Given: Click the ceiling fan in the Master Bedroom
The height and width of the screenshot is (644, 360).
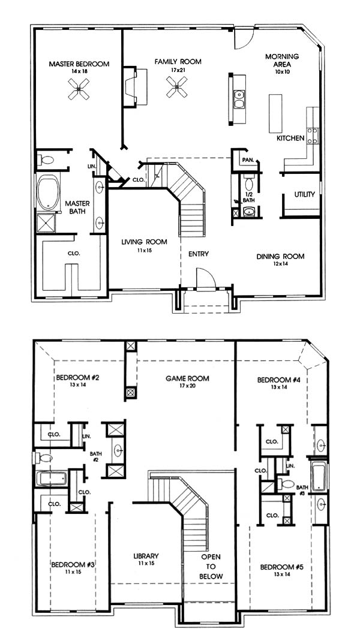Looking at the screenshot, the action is coord(78,89).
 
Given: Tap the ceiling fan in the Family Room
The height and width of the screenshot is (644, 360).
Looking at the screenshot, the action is coord(177,88).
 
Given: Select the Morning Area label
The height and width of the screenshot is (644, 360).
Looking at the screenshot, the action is coord(282,61).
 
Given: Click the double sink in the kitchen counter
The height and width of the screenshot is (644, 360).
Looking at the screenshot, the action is coord(239,99).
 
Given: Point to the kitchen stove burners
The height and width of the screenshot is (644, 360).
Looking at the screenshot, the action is coord(312,136).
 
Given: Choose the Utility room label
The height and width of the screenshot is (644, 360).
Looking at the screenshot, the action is coord(305,194).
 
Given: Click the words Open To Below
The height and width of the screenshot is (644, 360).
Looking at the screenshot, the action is coord(211,567).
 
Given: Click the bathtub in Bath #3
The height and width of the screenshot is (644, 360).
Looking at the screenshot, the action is coord(319,477).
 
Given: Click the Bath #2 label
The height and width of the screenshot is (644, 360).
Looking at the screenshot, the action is coord(95,457).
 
